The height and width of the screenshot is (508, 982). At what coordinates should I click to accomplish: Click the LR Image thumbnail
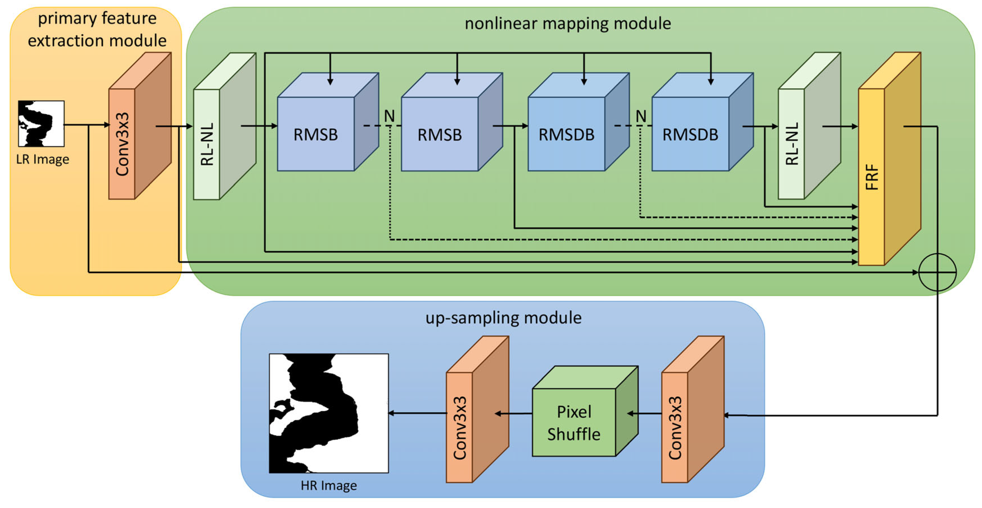coord(41,123)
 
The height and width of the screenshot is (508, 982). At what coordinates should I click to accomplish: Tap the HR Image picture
coord(329,414)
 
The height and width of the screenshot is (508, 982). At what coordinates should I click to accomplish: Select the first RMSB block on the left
coord(316,134)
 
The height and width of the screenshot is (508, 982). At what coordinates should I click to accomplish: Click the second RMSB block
coord(440,134)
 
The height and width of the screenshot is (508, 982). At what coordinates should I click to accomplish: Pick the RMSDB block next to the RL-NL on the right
coord(690,134)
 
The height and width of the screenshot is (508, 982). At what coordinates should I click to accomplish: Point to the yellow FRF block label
coord(871,177)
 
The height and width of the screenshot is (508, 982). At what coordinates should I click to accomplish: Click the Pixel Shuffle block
coord(574,422)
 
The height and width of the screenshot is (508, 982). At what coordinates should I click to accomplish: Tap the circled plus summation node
coord(937,272)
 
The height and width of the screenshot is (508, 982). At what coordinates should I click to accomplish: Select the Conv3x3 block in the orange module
coord(122,144)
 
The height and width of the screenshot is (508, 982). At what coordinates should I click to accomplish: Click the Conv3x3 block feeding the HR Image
coord(459,428)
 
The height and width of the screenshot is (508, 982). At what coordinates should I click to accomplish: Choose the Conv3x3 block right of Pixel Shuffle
coord(675,428)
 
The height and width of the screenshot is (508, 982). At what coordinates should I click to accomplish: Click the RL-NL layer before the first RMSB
coord(207,144)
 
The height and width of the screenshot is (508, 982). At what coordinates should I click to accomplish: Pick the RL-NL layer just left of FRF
coord(791,144)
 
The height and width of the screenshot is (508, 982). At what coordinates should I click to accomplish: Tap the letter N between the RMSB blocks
coord(389,116)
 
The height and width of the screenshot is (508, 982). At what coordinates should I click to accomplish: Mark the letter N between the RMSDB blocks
coord(641,116)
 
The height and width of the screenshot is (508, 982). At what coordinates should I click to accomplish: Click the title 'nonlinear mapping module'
coord(568,24)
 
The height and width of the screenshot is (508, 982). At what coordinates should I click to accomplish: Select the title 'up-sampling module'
coord(503,318)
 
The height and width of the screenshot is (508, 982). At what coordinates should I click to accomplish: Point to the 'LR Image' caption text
coord(42,159)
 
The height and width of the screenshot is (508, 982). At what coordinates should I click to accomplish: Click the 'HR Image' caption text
coord(329,485)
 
